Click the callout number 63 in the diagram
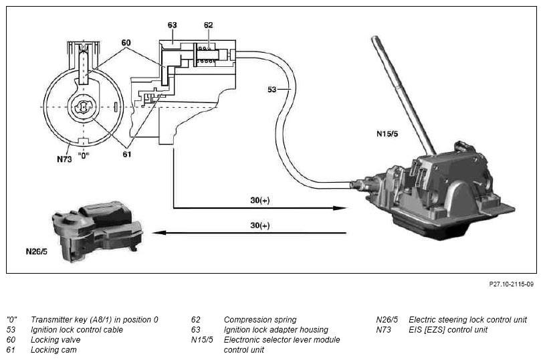point(172,25)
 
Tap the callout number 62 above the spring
point(208,25)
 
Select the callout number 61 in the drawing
point(127,155)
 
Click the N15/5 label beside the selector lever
point(389,133)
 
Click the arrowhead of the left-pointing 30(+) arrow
point(155,233)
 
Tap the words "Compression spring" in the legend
point(259,320)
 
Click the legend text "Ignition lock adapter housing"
point(276,330)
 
